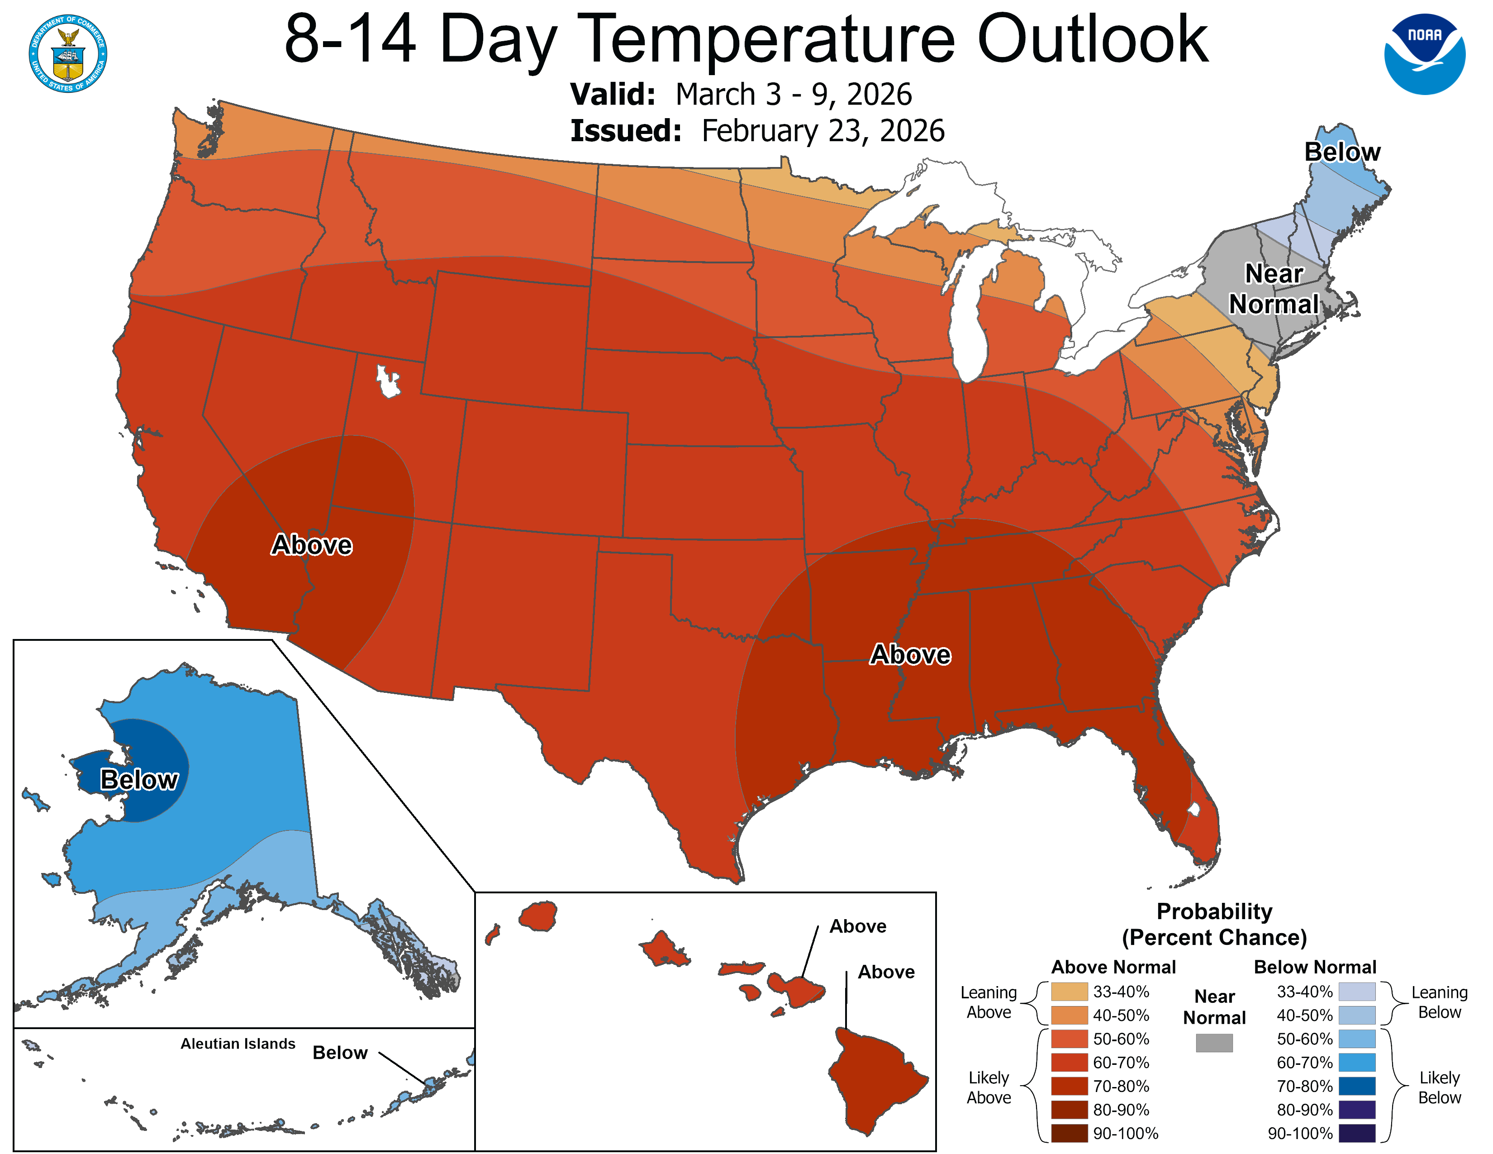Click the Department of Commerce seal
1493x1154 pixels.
click(68, 53)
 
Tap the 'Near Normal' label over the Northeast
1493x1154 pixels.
click(1274, 289)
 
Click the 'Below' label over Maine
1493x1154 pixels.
click(1342, 152)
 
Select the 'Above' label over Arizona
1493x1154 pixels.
click(312, 545)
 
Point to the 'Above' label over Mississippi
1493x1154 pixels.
click(910, 654)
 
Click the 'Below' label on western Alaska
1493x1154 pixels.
click(139, 779)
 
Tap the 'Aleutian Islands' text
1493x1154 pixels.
click(238, 1043)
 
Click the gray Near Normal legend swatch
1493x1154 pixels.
click(1214, 1043)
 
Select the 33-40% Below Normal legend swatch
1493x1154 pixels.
click(1356, 991)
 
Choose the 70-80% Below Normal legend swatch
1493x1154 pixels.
click(1356, 1086)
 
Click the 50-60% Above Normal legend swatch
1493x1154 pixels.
click(1069, 1039)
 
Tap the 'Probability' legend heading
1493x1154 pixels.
click(1214, 911)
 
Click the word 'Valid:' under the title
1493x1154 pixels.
click(613, 94)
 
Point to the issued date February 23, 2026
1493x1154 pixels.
click(823, 131)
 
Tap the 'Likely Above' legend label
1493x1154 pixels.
click(989, 1087)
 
